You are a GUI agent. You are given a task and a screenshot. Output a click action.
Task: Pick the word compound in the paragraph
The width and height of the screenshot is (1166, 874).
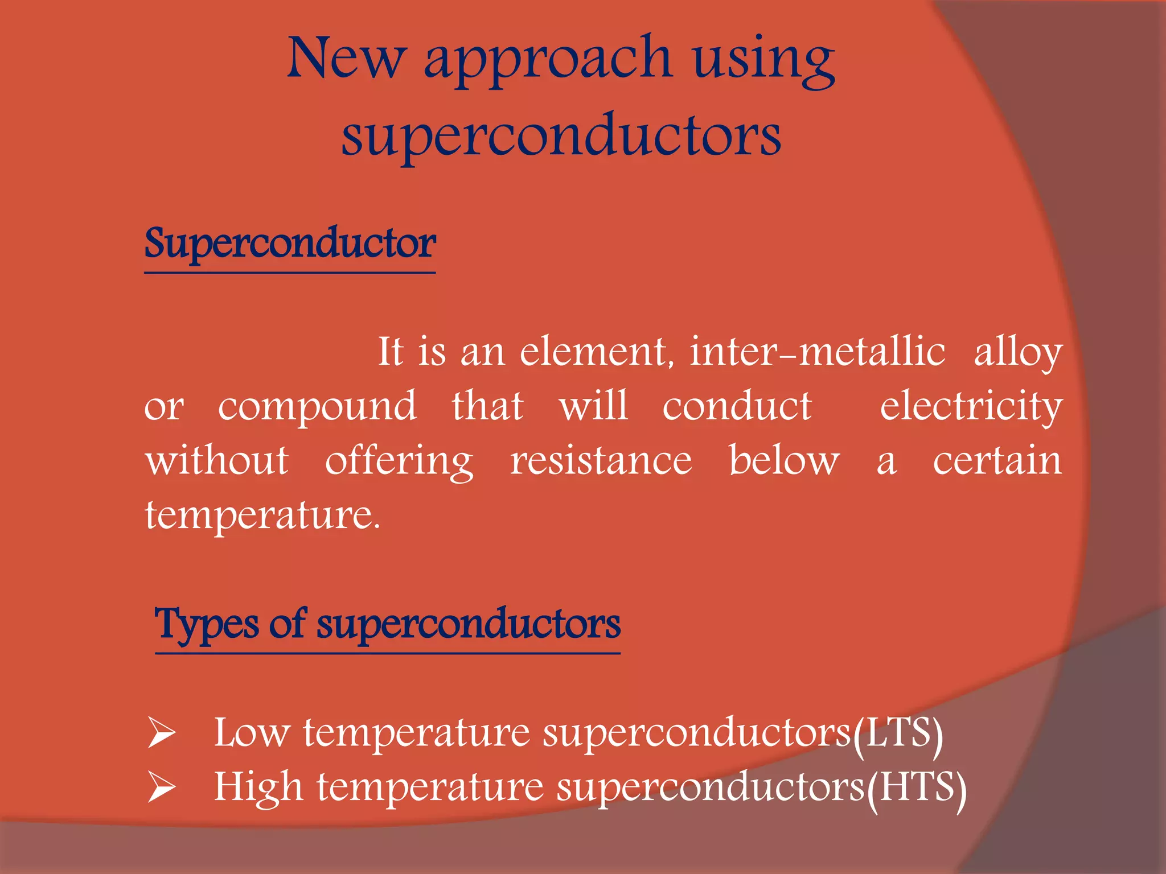click(x=317, y=407)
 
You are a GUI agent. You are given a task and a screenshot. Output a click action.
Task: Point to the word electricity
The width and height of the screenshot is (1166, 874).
click(x=971, y=407)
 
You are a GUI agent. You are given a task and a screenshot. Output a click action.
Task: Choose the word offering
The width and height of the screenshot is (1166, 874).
click(x=399, y=461)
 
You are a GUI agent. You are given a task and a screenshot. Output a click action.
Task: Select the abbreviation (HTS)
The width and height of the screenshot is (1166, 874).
click(x=916, y=788)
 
